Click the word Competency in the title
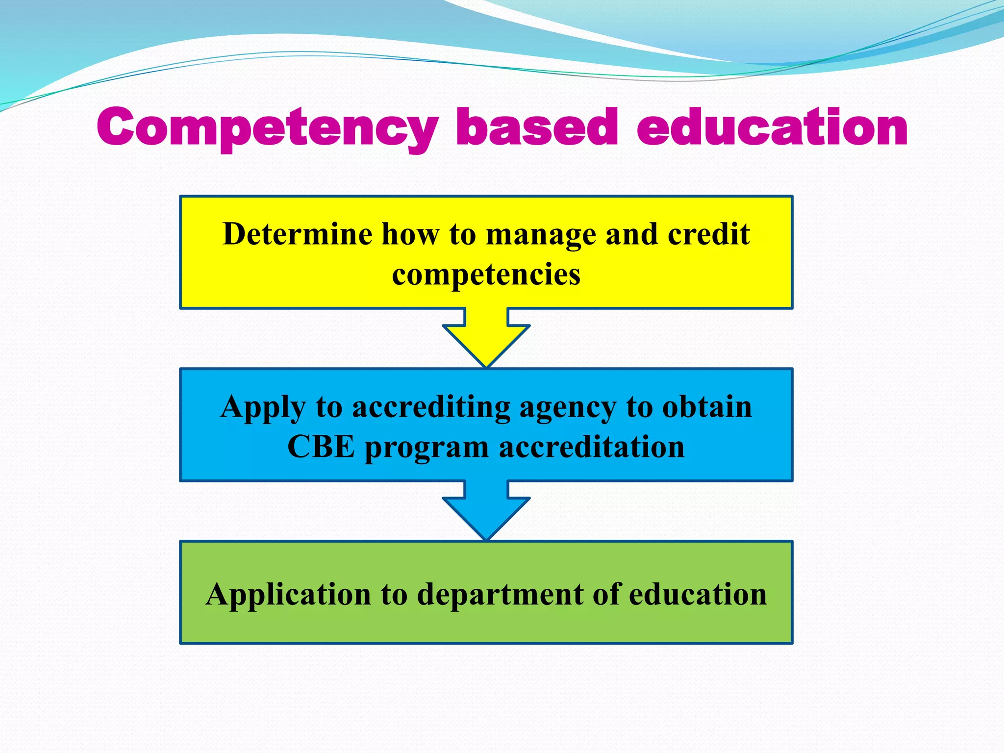(x=267, y=127)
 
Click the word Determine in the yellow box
(x=297, y=234)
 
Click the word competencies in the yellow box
(x=486, y=275)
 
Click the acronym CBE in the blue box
(x=321, y=447)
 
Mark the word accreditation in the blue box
(x=591, y=447)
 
